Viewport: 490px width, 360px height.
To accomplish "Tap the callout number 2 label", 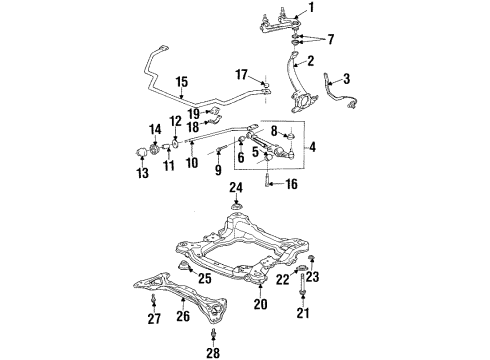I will click(x=311, y=61).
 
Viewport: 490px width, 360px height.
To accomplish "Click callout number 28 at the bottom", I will click(x=212, y=352).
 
